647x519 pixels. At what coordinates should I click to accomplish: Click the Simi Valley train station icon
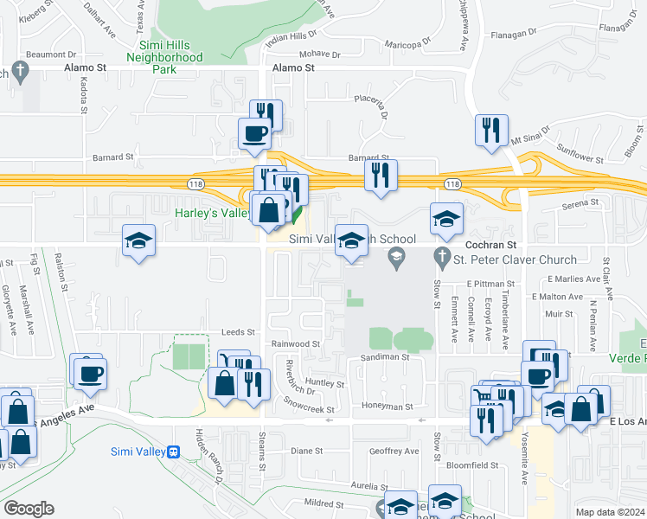pyautogui.click(x=174, y=452)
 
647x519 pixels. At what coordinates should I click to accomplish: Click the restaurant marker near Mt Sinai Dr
pyautogui.click(x=491, y=130)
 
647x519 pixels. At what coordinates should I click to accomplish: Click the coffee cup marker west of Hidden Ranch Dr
pyautogui.click(x=90, y=373)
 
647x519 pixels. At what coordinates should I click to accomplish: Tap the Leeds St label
pyautogui.click(x=239, y=331)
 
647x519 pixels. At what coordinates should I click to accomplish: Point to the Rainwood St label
pyautogui.click(x=297, y=343)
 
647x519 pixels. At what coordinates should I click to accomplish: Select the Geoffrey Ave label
pyautogui.click(x=394, y=451)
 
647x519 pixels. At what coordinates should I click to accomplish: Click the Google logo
pyautogui.click(x=29, y=509)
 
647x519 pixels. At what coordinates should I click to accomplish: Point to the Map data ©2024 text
pyautogui.click(x=610, y=512)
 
